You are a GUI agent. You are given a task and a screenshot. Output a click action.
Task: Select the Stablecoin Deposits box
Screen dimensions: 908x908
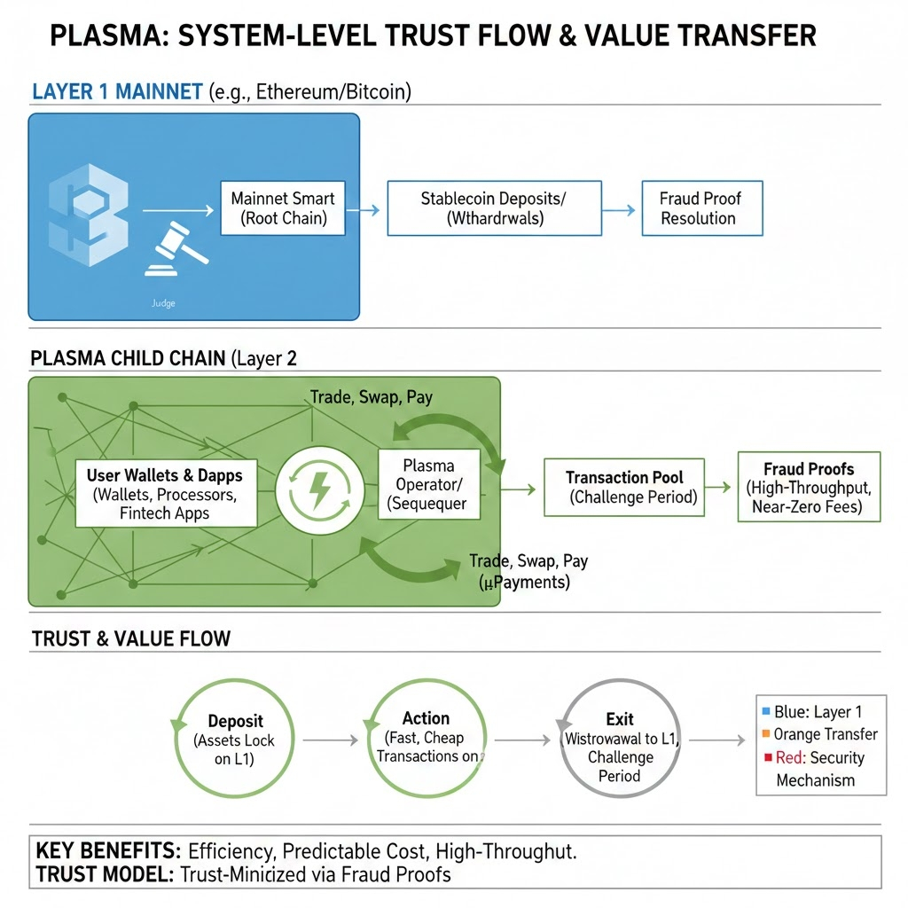point(494,208)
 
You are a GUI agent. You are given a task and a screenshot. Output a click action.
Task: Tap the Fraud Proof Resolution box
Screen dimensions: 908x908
point(701,208)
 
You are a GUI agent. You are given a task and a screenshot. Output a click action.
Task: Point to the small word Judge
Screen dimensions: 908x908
point(163,303)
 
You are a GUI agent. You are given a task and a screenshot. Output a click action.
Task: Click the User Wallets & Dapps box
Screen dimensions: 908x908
point(166,492)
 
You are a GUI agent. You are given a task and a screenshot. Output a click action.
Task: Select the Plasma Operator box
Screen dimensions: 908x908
point(428,485)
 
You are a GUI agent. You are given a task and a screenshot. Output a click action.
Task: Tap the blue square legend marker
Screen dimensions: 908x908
point(765,711)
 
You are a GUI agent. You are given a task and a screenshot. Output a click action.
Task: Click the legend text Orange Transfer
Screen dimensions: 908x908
point(826,734)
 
